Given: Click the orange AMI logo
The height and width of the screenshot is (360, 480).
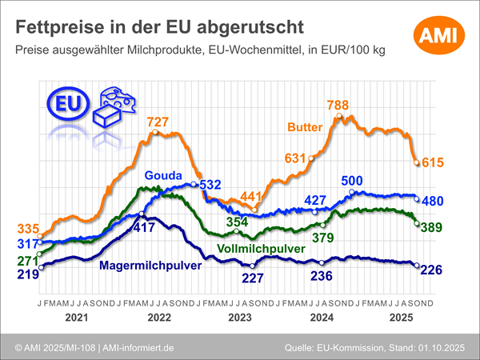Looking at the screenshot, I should pyautogui.click(x=439, y=33).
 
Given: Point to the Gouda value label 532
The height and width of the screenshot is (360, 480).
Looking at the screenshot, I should pyautogui.click(x=210, y=185).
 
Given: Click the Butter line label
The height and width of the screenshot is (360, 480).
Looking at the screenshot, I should pyautogui.click(x=305, y=126).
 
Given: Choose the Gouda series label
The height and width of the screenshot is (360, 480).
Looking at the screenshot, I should pyautogui.click(x=162, y=176).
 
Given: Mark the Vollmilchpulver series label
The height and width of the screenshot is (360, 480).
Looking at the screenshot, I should pyautogui.click(x=261, y=250).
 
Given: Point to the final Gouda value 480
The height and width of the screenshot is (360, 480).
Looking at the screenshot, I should pyautogui.click(x=433, y=201).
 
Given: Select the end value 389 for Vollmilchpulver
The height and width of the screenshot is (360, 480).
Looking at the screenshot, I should pyautogui.click(x=433, y=227).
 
